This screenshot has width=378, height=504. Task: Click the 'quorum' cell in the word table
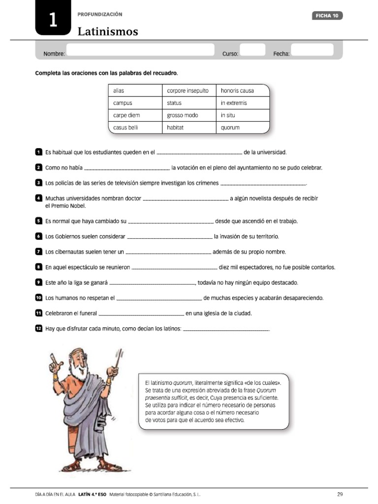click(x=243, y=127)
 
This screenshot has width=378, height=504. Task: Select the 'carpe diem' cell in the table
click(x=135, y=115)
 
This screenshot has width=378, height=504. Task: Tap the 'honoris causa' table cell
click(x=243, y=91)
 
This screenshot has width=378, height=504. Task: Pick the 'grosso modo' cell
click(x=189, y=115)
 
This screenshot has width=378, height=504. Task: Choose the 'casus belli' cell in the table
click(x=135, y=127)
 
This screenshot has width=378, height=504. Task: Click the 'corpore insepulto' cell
click(x=189, y=91)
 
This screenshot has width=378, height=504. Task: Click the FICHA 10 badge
click(x=327, y=16)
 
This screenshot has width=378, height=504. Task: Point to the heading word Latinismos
click(x=108, y=32)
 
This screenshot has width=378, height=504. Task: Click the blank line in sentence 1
click(x=199, y=154)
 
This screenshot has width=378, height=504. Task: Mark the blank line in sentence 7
click(x=169, y=253)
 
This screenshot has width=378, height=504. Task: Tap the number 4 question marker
click(x=38, y=198)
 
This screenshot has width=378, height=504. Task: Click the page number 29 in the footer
click(x=340, y=494)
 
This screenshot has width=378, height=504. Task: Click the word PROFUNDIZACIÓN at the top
click(x=100, y=15)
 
